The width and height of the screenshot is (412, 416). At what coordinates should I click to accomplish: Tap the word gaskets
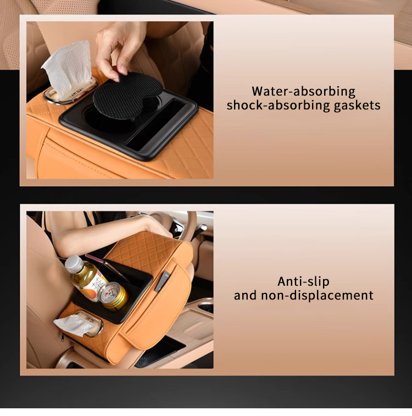click(x=357, y=106)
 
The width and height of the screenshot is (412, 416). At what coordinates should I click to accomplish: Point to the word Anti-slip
click(x=303, y=281)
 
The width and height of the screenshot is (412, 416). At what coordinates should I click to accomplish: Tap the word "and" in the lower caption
click(x=245, y=296)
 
